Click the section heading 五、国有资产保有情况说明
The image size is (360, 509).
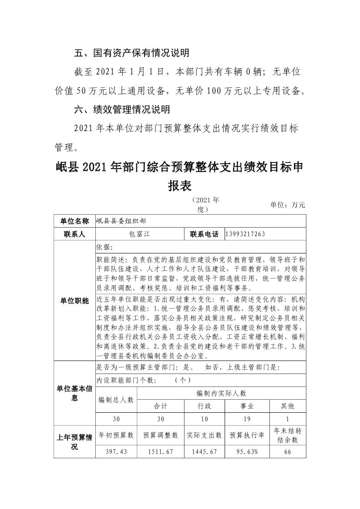tap(131, 53)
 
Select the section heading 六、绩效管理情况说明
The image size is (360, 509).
tap(122, 109)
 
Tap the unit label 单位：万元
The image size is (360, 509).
tap(288, 205)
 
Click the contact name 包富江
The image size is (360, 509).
tap(140, 234)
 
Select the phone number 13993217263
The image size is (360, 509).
tap(246, 234)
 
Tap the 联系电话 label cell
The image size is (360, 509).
tap(204, 234)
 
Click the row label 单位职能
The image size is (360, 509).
tap(74, 300)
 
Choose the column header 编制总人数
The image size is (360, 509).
tap(116, 399)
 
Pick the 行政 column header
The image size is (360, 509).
tap(204, 406)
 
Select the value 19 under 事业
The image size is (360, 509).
tap(247, 419)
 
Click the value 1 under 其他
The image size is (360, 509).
tap(287, 419)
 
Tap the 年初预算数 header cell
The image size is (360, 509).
tap(116, 435)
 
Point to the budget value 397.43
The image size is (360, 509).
tap(116, 452)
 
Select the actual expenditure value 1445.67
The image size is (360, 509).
tap(204, 452)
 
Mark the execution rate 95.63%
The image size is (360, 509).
tap(247, 452)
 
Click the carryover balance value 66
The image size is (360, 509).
tap(287, 452)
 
